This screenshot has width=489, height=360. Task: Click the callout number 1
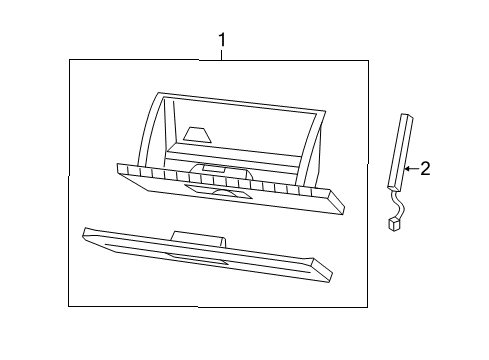(222, 40)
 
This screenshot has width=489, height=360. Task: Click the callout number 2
(425, 169)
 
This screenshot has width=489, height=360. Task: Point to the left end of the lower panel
(86, 236)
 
